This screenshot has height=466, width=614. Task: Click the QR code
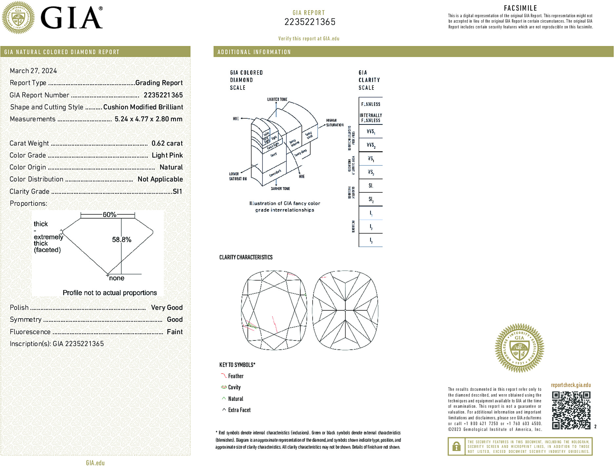[571, 410]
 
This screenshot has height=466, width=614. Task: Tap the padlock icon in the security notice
[456, 446]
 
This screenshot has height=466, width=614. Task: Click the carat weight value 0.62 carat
[167, 143]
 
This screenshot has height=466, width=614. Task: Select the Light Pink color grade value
[167, 155]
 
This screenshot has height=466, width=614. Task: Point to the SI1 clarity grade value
[177, 191]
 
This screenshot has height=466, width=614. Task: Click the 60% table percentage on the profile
[109, 215]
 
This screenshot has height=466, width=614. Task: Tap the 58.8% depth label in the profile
[122, 240]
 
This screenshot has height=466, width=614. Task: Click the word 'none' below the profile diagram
[117, 278]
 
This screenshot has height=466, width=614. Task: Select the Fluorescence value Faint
[175, 332]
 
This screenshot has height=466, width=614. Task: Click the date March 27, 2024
[33, 71]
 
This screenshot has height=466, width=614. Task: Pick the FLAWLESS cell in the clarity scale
[371, 104]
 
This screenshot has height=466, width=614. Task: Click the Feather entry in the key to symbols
[236, 376]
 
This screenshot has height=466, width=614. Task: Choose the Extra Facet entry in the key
[239, 410]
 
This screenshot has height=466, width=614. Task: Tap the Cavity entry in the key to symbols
[234, 387]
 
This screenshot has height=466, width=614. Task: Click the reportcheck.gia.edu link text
[571, 385]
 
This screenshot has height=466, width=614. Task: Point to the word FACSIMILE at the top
[520, 8]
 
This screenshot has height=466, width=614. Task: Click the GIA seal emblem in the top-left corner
[18, 18]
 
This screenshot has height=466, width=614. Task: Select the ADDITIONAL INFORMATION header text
[254, 52]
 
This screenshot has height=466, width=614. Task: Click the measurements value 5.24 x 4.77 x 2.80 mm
[149, 119]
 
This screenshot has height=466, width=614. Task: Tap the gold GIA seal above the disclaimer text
[519, 348]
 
